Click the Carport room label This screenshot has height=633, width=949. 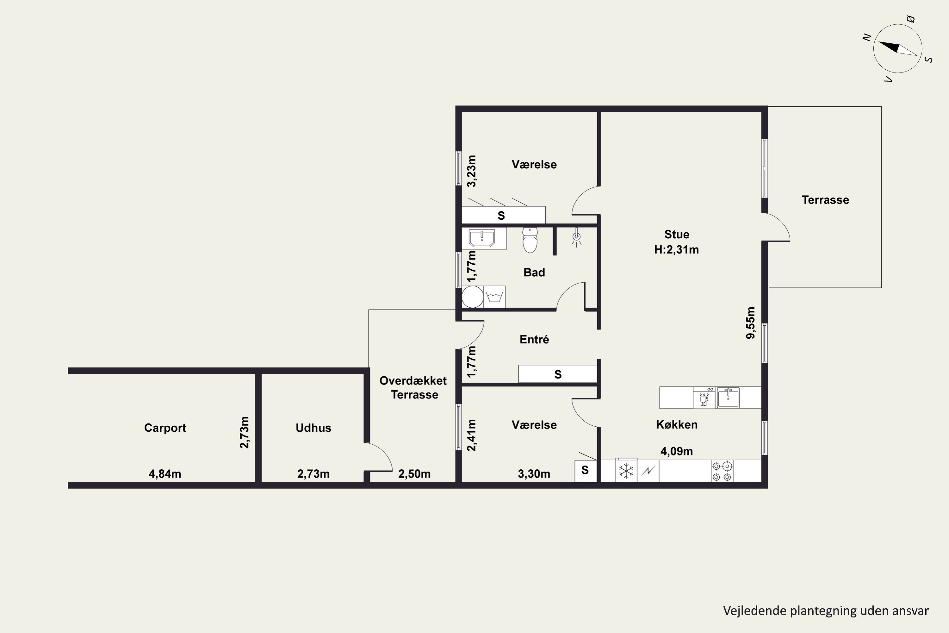[165, 428]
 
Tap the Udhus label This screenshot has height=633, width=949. [313, 428]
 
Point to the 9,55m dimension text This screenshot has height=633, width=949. [750, 323]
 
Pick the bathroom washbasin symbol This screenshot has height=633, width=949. [482, 238]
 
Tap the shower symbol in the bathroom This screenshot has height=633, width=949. [577, 238]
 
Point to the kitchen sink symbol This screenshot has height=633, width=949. [728, 398]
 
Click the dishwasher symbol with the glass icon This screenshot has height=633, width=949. [704, 398]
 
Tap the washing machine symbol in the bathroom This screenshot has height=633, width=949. [494, 297]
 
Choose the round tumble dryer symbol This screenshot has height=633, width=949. [473, 297]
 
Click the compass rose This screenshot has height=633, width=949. [898, 48]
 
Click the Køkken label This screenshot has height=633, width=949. [677, 425]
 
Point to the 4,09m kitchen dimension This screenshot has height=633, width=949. [677, 451]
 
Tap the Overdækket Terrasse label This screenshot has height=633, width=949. [413, 387]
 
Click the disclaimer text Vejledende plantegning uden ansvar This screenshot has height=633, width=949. [826, 611]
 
